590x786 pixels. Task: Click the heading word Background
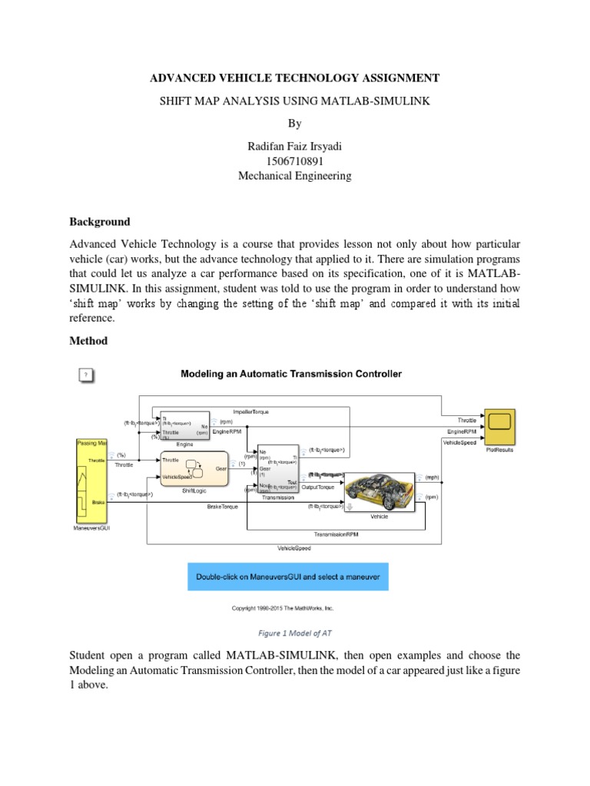pos(100,222)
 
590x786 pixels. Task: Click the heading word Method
pos(88,341)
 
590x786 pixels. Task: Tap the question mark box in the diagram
pos(87,375)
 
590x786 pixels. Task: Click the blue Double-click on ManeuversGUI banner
pos(289,576)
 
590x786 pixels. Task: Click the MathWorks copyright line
pos(283,609)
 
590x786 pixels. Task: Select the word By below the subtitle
pos(295,123)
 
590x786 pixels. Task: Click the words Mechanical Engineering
pos(295,176)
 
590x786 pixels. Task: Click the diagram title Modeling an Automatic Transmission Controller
pos(290,375)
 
